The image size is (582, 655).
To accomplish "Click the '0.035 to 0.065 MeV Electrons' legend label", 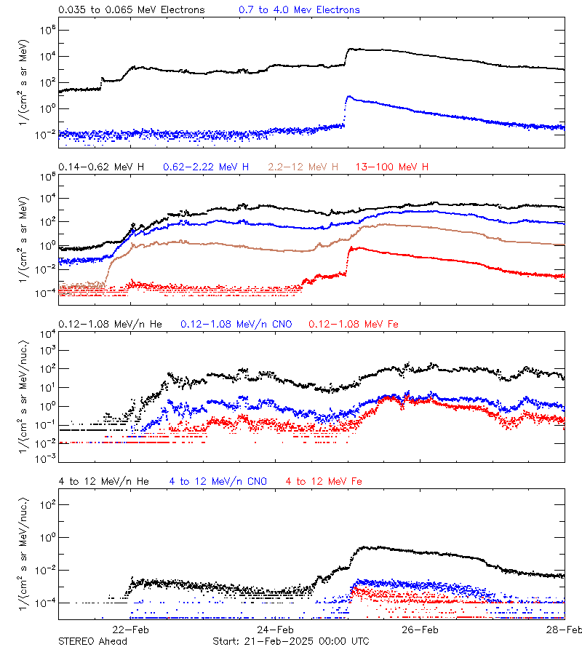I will coord(131,10).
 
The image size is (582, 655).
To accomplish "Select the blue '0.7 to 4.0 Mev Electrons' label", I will coord(299,10).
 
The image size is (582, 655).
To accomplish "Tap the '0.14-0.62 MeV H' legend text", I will coord(101,167).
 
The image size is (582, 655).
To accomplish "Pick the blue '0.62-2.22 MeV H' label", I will coord(206,167).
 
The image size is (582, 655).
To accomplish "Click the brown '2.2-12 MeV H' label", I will coord(303,167).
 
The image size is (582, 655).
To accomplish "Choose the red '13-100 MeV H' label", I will coord(392,167).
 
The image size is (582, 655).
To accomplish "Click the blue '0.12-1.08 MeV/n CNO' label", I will coord(236,324).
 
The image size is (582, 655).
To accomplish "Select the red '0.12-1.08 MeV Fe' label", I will coord(353,324).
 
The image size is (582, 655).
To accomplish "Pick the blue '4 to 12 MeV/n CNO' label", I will coord(218,481).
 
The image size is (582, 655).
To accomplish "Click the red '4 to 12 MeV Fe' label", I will coord(324,481).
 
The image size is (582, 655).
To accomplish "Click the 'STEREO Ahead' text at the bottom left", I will coord(92,641).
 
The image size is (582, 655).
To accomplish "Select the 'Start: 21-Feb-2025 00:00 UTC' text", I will coord(290,641).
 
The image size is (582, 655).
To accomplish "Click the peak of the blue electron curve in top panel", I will coord(349,96).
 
